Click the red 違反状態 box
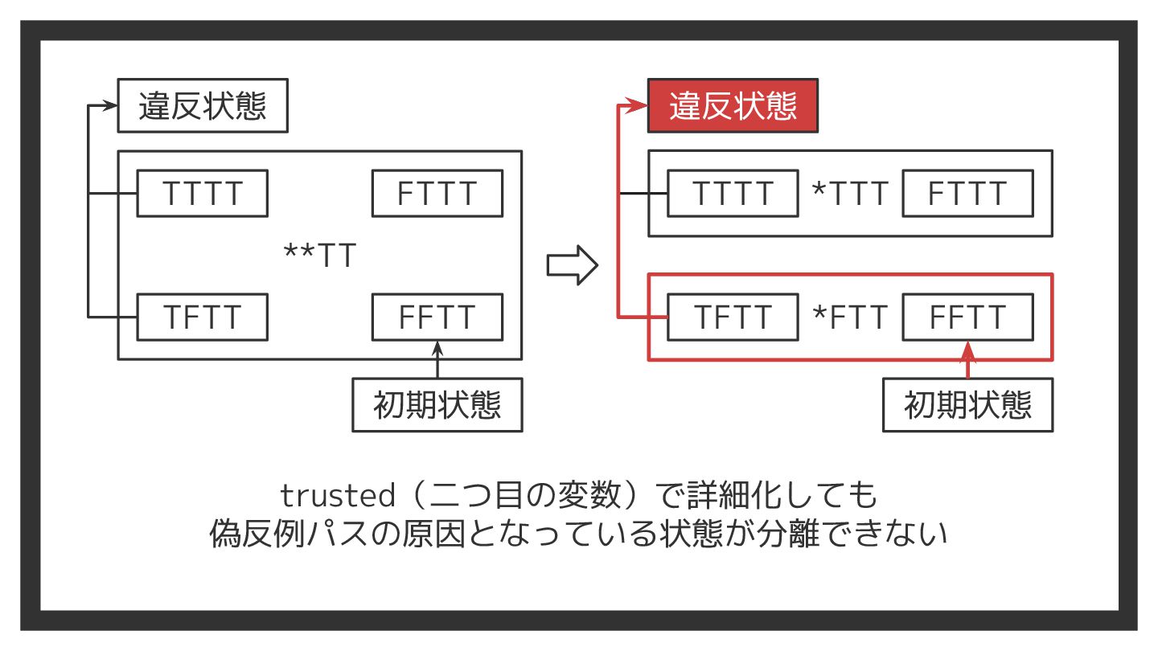coord(733,105)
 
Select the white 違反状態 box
coord(203,105)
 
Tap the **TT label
coord(320,256)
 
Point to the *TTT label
coord(851,194)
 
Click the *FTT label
coord(851,317)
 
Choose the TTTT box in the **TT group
coord(202,194)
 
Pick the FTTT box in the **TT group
coord(437,194)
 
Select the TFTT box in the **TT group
coord(202,317)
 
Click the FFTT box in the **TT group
coord(437,317)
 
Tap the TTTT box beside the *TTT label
coord(733,194)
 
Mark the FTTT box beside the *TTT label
coord(967,194)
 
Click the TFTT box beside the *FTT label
coord(733,317)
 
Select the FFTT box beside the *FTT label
coord(967,317)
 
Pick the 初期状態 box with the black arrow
coord(437,405)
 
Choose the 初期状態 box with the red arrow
coord(967,405)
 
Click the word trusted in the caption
coord(338,496)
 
